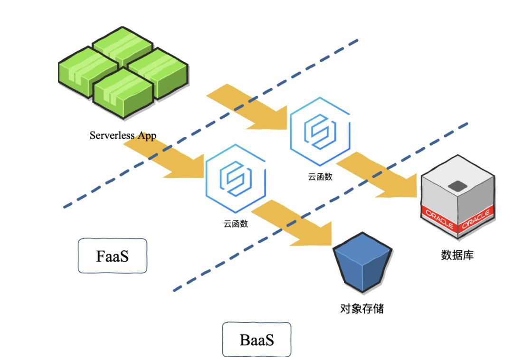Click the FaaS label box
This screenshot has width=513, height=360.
[113, 256]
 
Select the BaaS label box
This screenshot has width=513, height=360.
[256, 340]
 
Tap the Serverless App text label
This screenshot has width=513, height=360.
[123, 135]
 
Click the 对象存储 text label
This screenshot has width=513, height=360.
[362, 309]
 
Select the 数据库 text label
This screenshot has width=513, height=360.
[457, 255]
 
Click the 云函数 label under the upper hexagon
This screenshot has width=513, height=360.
[320, 177]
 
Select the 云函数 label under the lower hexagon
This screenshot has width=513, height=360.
[236, 223]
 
